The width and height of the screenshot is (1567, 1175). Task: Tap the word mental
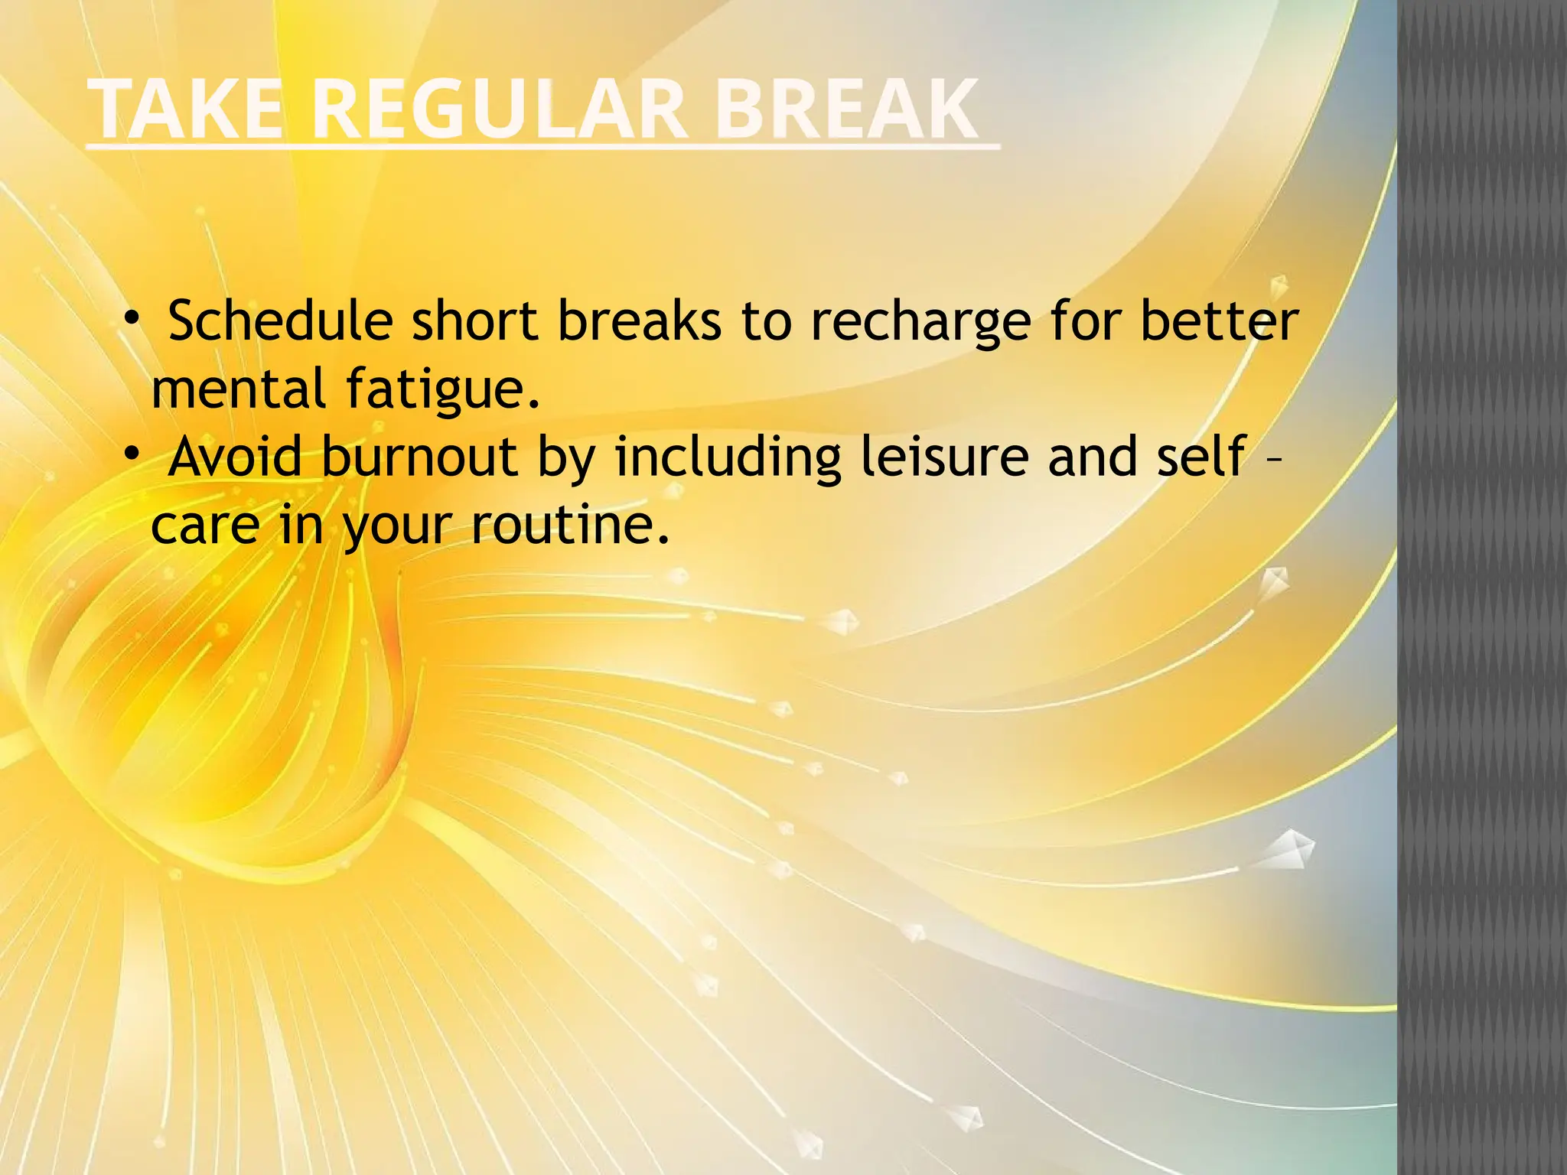point(239,389)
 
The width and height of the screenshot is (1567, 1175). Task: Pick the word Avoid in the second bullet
point(236,457)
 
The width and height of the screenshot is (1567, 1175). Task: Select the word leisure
point(945,457)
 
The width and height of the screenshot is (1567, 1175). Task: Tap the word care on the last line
point(205,526)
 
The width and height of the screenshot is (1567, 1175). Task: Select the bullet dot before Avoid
point(132,454)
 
